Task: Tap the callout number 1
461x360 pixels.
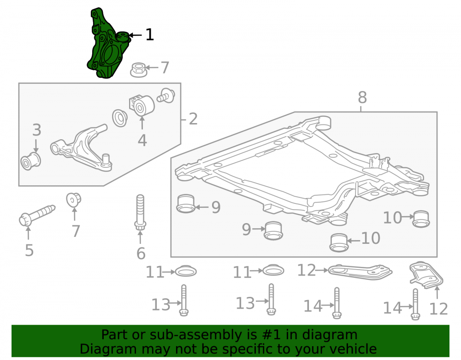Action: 150,35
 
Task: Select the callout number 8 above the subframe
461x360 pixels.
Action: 362,97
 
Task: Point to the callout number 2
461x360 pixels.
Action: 193,119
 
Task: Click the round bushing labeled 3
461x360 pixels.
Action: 30,161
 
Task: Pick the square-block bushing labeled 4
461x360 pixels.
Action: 142,106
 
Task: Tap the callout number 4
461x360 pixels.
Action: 142,141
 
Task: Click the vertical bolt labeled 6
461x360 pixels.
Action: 140,212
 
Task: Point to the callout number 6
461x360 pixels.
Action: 141,254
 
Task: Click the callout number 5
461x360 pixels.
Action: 29,250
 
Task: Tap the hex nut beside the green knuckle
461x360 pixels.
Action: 138,70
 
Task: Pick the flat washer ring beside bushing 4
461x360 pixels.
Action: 120,118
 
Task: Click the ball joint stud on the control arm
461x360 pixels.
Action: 106,158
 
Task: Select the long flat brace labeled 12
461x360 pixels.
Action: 360,272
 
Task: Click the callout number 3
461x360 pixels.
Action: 36,130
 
